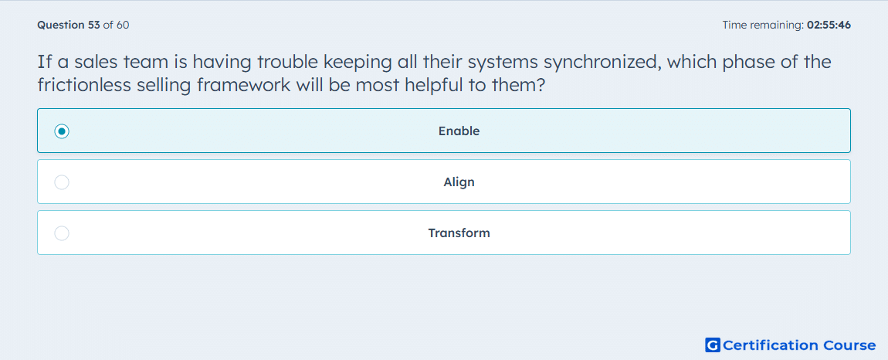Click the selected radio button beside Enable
pos(62,131)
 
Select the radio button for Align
pos(62,182)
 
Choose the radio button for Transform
pos(62,233)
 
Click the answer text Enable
pos(459,131)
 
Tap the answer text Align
pos(459,182)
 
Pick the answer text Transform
pos(459,233)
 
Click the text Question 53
pos(69,25)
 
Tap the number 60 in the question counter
pos(123,25)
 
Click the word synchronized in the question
pos(602,62)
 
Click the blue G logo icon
pos(713,345)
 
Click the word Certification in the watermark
pos(771,345)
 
